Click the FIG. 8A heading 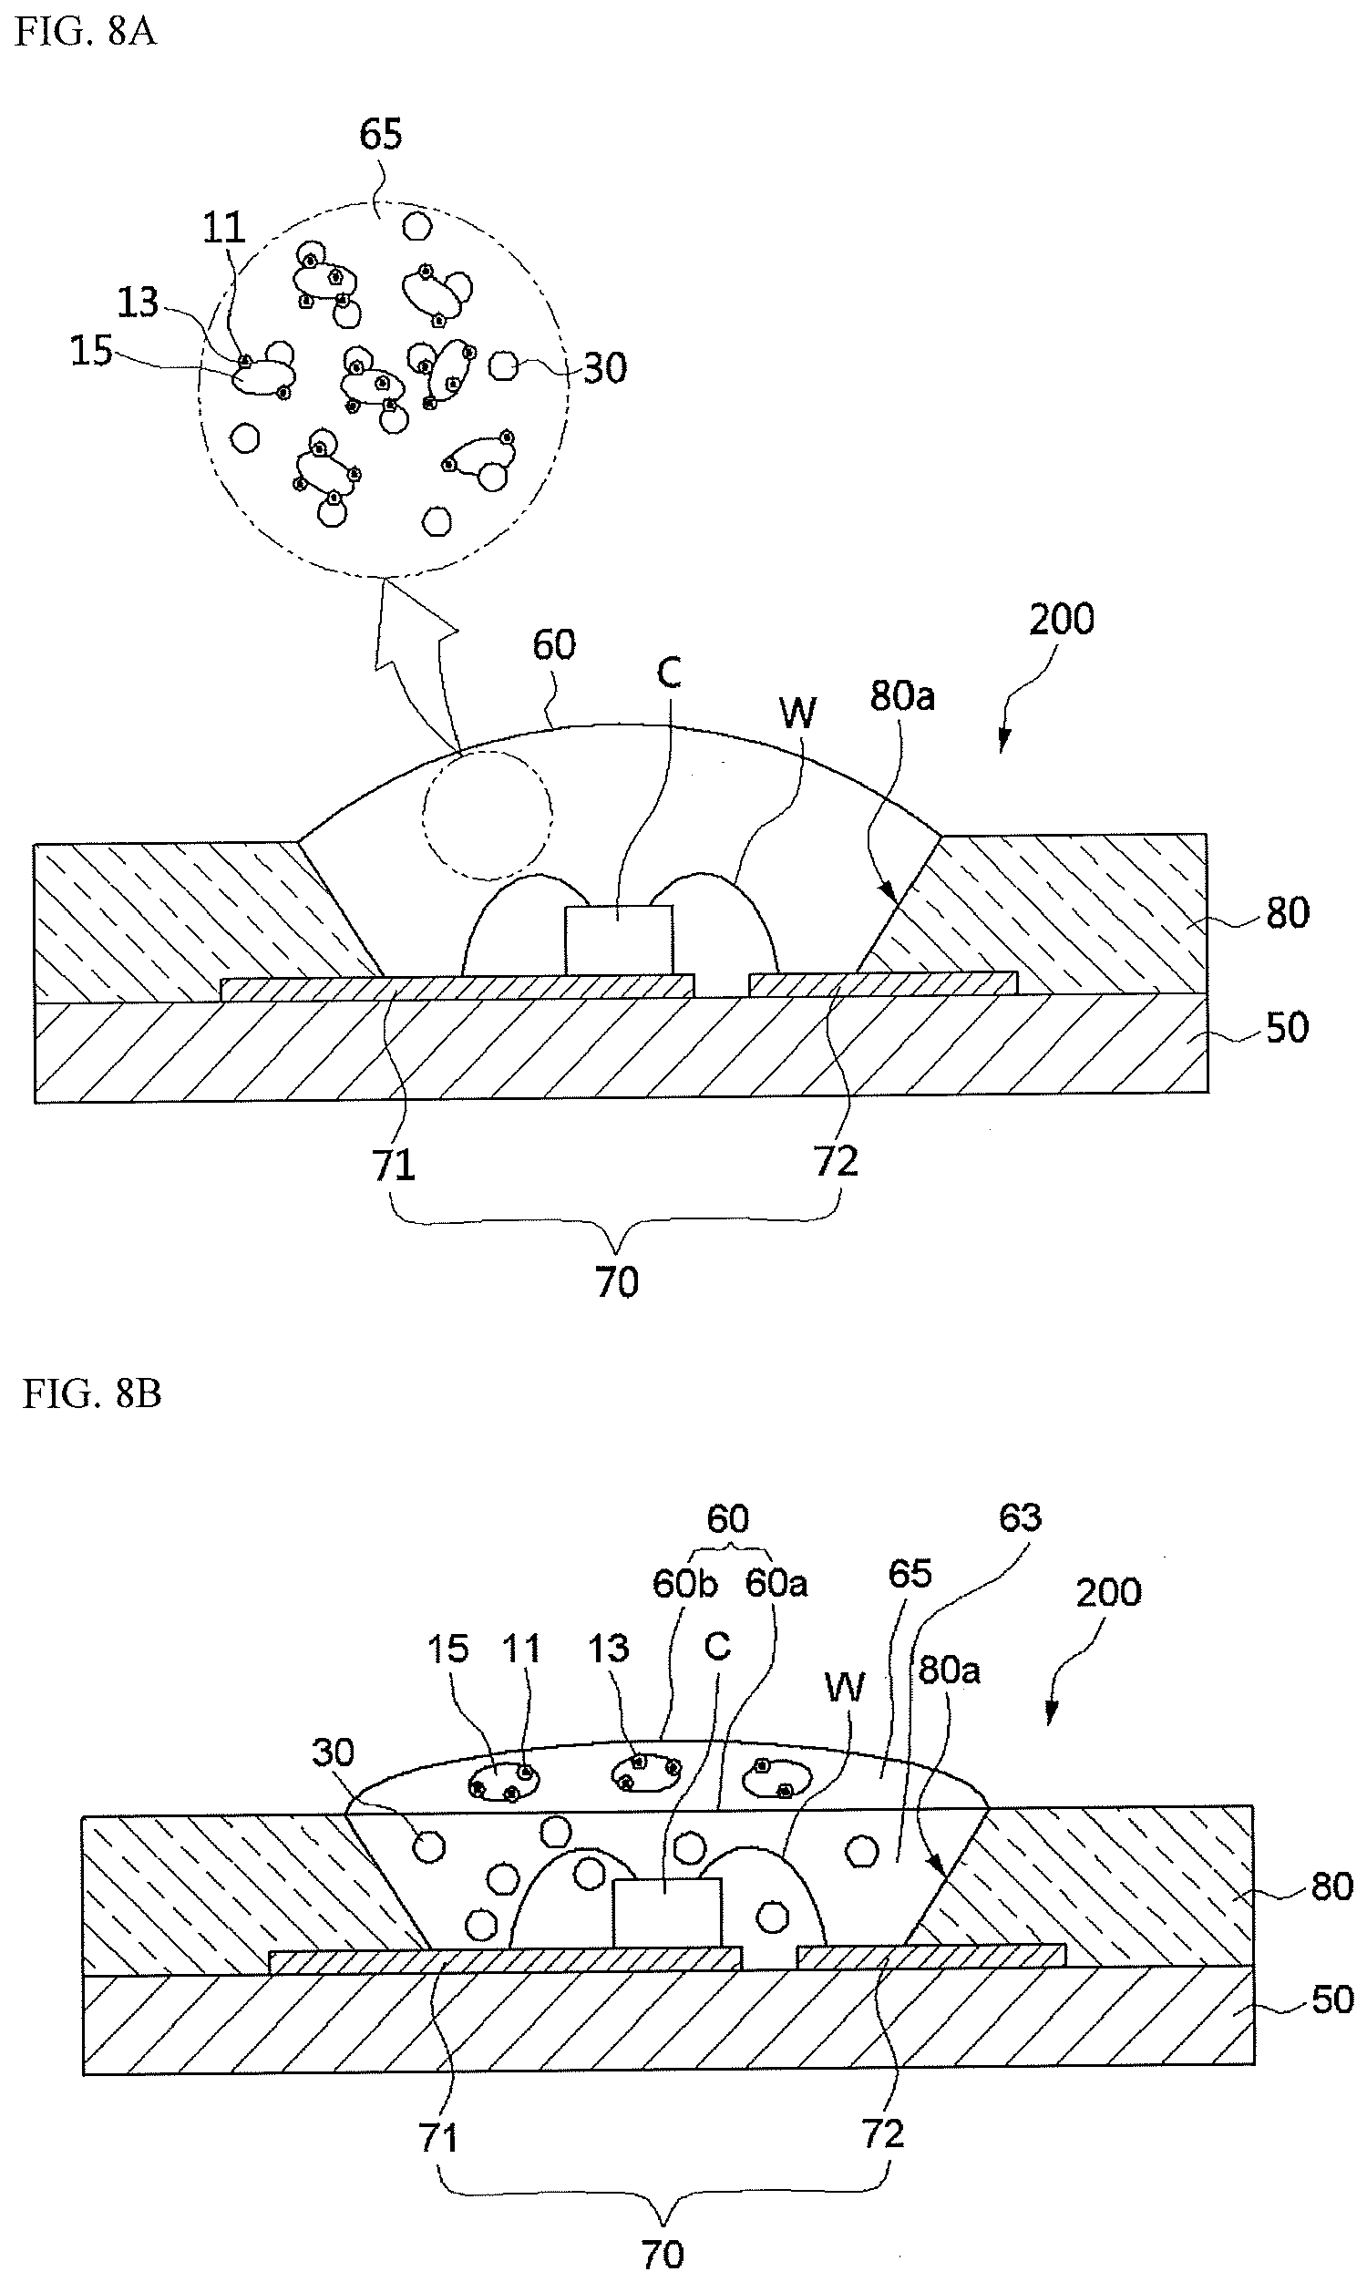pos(87,33)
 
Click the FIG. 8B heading pos(92,1393)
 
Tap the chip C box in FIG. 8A pos(619,940)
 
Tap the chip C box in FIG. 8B pos(667,1913)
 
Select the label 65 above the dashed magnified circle pos(380,135)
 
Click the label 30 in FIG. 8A pos(605,368)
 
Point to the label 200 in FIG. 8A pos(1062,619)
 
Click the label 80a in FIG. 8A pos(903,696)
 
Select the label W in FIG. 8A pos(797,713)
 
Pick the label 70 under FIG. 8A pos(617,1282)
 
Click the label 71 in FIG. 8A pos(394,1166)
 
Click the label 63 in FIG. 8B pos(1020,1517)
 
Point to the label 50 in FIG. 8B pos(1332,2000)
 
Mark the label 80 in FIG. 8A pos(1288,912)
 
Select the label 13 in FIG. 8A pos(139,302)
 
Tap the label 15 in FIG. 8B pos(447,1649)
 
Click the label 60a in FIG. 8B pos(776,1584)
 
